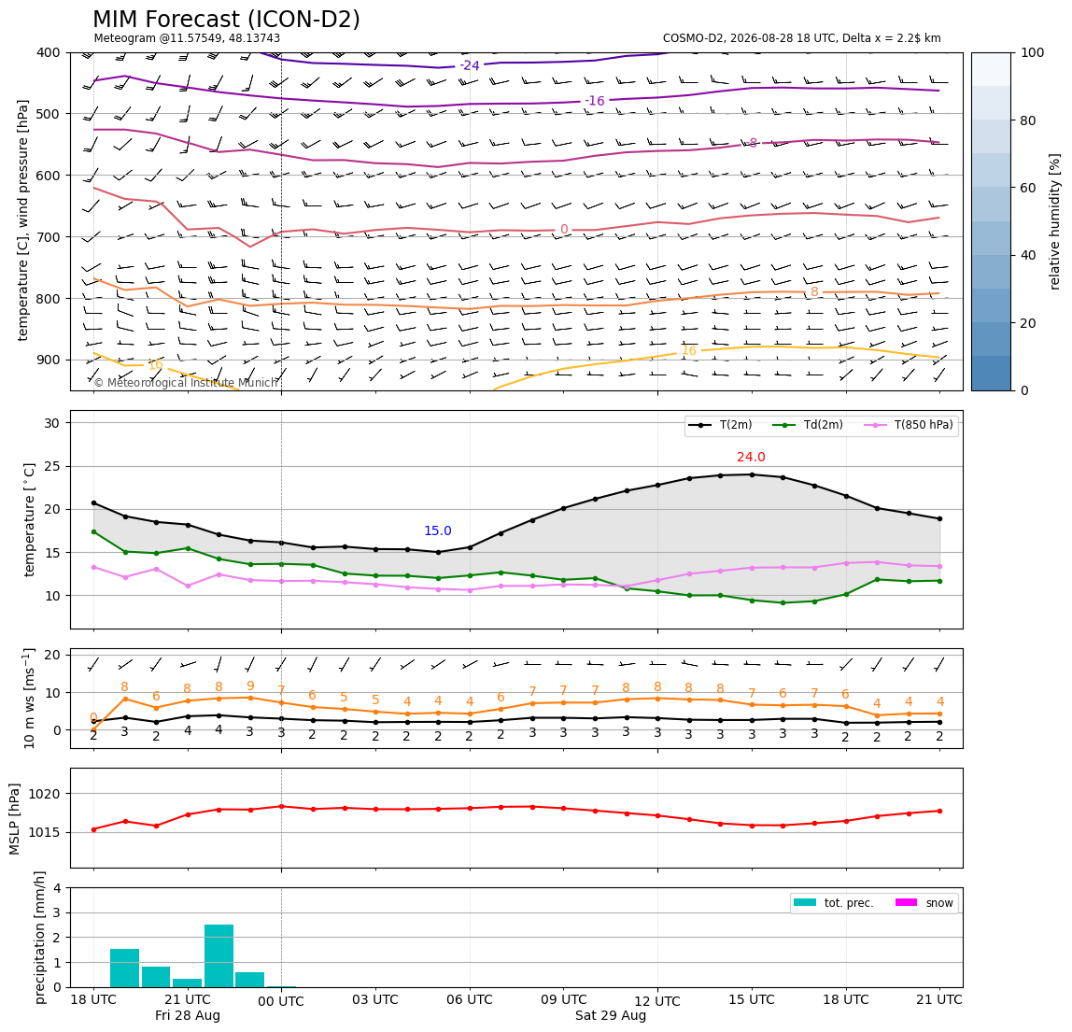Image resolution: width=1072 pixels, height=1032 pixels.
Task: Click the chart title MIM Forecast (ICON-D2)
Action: (226, 20)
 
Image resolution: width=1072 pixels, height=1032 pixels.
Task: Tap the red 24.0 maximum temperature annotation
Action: (751, 457)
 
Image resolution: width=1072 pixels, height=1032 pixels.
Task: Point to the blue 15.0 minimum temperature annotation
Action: (438, 530)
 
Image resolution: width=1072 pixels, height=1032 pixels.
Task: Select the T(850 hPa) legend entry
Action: (910, 425)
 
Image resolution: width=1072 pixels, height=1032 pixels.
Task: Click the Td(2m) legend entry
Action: (808, 425)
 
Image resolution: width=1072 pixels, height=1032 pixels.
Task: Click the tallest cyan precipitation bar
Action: (219, 955)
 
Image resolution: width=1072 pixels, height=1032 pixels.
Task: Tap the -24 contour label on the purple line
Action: (470, 65)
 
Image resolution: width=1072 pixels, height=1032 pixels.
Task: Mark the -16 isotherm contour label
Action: (595, 101)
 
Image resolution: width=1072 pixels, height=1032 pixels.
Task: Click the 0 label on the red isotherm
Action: (564, 229)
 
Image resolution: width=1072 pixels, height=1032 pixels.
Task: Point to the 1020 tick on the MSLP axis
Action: (47, 794)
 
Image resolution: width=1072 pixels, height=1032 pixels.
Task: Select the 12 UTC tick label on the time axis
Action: (657, 1001)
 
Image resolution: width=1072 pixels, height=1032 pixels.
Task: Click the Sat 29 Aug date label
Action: (611, 1015)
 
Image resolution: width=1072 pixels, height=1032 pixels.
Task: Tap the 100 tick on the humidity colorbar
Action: (1033, 52)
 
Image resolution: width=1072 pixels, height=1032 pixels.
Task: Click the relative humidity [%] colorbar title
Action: (1054, 221)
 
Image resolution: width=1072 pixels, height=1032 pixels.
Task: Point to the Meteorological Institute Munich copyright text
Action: (185, 383)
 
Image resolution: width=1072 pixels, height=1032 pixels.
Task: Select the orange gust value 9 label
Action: (250, 686)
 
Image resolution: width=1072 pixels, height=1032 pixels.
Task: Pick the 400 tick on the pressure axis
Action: (49, 52)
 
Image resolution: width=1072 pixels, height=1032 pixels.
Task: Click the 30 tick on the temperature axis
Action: (52, 423)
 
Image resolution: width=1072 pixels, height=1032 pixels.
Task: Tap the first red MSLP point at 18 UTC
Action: (93, 829)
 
